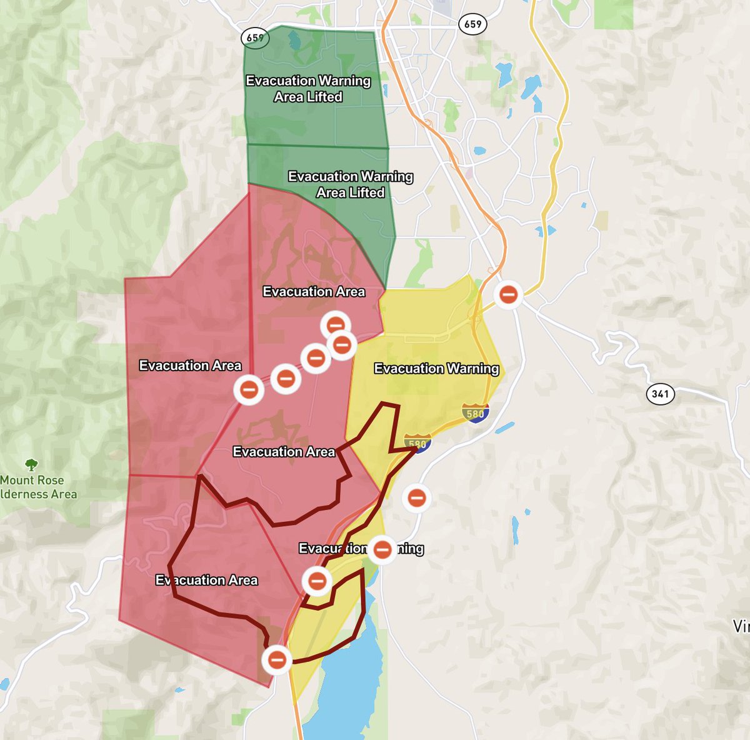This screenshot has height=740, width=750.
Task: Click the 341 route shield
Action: [x=660, y=394]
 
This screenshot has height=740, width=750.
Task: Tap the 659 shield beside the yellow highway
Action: [x=472, y=24]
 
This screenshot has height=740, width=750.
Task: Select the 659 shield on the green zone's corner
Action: [x=255, y=37]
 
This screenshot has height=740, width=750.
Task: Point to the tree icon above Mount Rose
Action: [x=31, y=464]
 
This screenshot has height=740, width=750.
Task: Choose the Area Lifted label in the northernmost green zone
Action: [x=308, y=97]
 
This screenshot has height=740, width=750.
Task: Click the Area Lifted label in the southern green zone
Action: [x=350, y=192]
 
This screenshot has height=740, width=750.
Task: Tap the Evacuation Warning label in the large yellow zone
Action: [x=436, y=369]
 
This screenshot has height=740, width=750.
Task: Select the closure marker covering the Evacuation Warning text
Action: [x=382, y=549]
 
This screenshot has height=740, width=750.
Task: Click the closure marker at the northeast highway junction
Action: [x=509, y=293]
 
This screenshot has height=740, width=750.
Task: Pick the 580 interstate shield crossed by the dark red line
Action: [x=417, y=443]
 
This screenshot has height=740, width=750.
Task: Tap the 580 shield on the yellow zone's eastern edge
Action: [x=475, y=412]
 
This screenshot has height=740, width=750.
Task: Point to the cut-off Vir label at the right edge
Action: [x=742, y=626]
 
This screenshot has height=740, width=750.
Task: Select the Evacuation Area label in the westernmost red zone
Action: [x=190, y=366]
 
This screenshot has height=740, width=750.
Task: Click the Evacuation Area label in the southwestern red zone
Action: [x=206, y=581]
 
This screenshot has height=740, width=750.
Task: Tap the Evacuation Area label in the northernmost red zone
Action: [x=314, y=292]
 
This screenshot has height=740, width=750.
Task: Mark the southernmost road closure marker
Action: [x=276, y=659]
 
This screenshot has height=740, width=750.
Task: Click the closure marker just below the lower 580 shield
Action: [x=416, y=498]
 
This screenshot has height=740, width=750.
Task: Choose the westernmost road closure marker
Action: [x=249, y=390]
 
